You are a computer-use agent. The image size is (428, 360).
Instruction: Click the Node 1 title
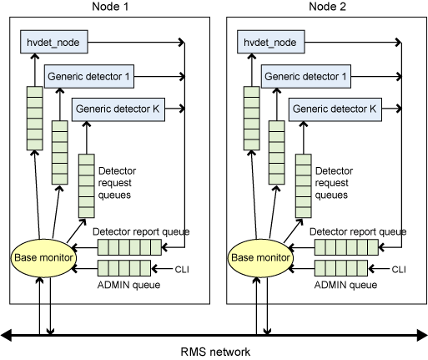click(110, 7)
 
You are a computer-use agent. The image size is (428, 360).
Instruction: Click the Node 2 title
click(327, 7)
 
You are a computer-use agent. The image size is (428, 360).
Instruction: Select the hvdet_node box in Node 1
click(54, 42)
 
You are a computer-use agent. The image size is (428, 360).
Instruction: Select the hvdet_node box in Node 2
click(271, 42)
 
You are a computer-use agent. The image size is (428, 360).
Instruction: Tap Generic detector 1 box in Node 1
click(89, 77)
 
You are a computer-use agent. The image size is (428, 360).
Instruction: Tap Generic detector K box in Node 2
click(335, 109)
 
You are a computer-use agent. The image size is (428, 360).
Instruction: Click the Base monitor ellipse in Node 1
click(43, 258)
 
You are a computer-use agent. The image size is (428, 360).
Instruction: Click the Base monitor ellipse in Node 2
click(260, 258)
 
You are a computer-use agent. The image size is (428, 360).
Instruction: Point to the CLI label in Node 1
click(182, 269)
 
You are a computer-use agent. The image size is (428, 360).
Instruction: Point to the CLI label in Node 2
click(399, 269)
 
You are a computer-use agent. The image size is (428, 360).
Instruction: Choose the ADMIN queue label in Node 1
click(128, 285)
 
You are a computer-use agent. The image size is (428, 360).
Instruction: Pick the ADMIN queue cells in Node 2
click(341, 268)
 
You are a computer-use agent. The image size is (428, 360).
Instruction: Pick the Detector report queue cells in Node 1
click(129, 247)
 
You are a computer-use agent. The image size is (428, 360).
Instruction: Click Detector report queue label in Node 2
click(358, 231)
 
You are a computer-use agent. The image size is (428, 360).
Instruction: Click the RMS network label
click(215, 352)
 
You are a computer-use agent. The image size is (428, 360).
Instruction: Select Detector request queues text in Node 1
click(117, 183)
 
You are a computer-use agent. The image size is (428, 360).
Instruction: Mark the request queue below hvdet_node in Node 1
click(35, 119)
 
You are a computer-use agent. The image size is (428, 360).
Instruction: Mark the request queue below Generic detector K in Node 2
click(304, 186)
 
